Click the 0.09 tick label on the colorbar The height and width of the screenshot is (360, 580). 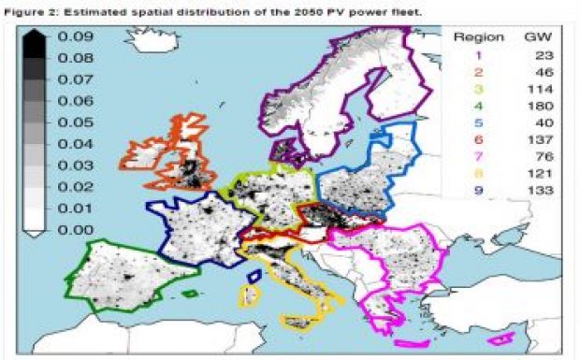[x=74, y=36]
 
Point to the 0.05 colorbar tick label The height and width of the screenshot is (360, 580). [x=74, y=122]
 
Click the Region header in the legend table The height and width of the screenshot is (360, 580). [x=479, y=37]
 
